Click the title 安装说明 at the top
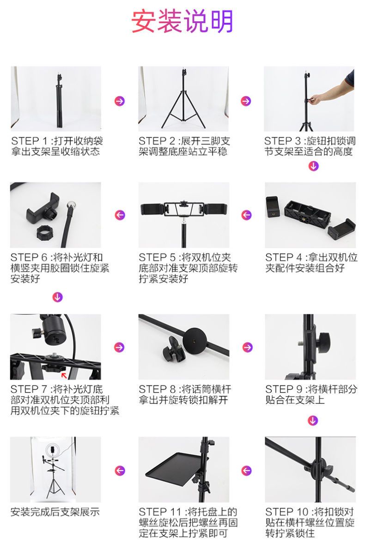coord(182,22)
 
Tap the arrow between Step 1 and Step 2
coord(120,101)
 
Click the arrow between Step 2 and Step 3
coord(246,101)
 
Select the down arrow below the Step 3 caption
coord(313,166)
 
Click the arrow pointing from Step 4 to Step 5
coord(246,215)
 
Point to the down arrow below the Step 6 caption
coord(57,297)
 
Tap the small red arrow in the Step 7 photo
coord(64,375)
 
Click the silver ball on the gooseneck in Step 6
coord(72,205)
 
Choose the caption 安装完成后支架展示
coord(55,512)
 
